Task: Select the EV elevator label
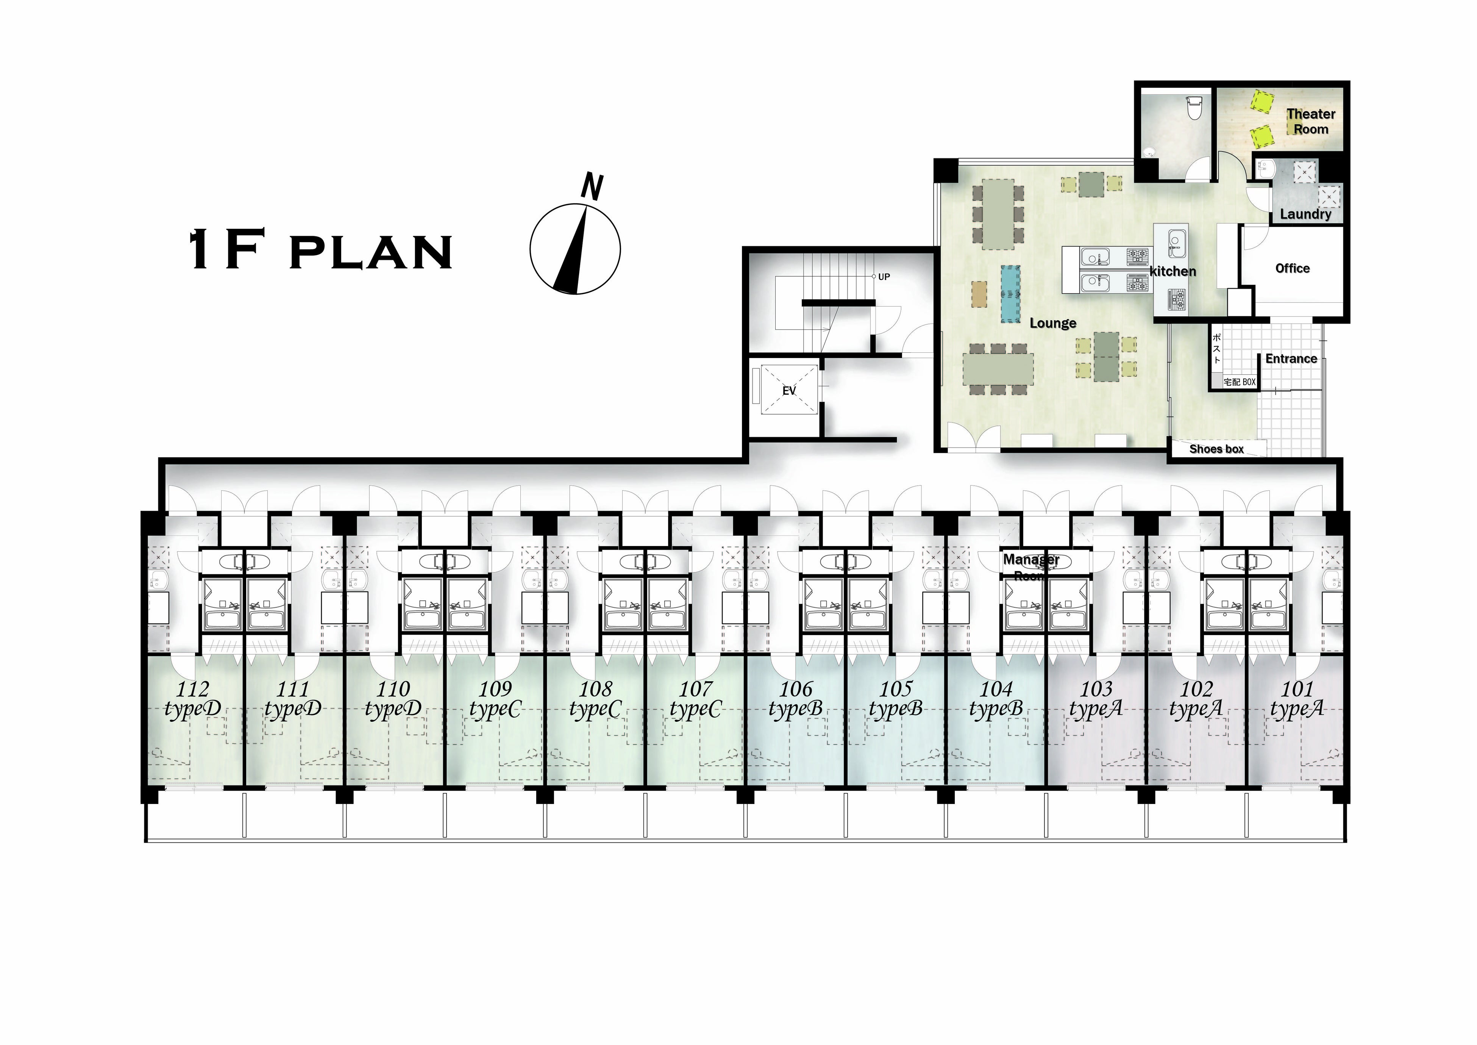point(788,391)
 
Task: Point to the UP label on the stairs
point(884,277)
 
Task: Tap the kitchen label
point(1173,272)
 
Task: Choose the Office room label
point(1292,268)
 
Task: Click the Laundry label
point(1305,214)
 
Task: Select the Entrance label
point(1291,358)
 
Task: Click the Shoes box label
point(1216,449)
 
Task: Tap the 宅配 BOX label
point(1240,382)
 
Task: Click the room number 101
point(1297,689)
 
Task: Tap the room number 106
point(796,689)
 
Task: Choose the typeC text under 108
point(595,710)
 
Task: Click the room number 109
point(495,689)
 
